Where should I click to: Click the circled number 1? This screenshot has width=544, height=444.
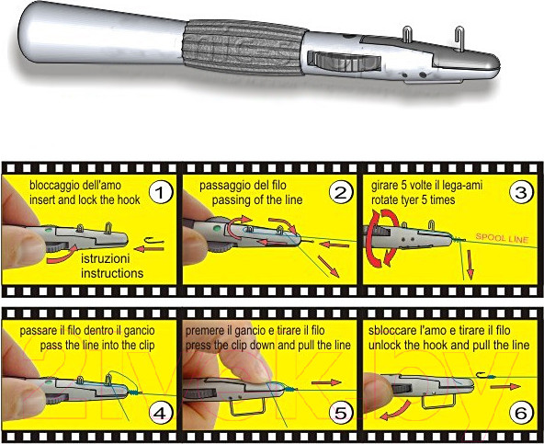click(x=160, y=193)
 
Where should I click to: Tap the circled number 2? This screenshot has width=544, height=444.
click(x=340, y=193)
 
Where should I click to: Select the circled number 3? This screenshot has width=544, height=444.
click(x=521, y=193)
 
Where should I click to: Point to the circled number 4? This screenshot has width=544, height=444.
click(x=160, y=413)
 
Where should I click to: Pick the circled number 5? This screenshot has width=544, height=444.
click(x=340, y=413)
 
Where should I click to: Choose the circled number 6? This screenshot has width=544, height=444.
click(x=521, y=413)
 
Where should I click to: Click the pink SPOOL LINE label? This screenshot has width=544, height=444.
click(x=502, y=238)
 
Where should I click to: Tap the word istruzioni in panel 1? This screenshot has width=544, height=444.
click(x=106, y=258)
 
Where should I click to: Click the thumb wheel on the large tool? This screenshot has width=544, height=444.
click(x=344, y=61)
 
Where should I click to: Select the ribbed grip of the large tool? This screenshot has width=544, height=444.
click(x=244, y=48)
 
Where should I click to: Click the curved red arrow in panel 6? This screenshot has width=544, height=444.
click(x=395, y=411)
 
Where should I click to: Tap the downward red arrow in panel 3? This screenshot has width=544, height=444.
click(x=470, y=265)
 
